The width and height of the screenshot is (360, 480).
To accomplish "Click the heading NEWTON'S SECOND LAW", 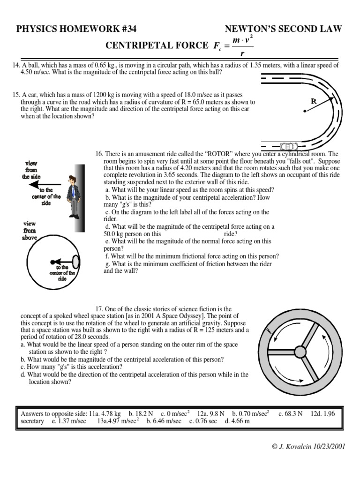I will [x=283, y=29].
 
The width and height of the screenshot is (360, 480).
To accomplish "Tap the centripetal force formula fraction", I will [x=239, y=46].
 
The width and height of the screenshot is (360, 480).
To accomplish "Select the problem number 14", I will [x=16, y=65].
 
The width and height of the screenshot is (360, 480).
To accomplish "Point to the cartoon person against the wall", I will [x=72, y=196].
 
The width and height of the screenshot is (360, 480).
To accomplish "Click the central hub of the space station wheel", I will [x=300, y=352].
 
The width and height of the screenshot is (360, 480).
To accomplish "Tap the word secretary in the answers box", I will [x=32, y=421].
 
